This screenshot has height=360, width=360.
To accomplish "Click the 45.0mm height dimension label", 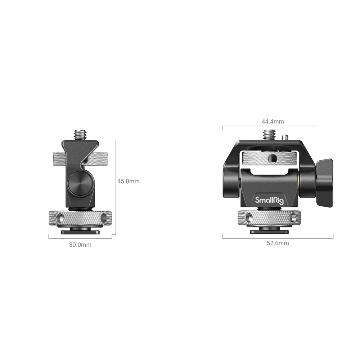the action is tap(129, 181).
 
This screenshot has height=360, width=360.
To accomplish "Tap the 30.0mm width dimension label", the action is tap(80, 245).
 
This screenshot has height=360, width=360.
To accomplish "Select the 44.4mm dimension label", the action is tap(273, 121).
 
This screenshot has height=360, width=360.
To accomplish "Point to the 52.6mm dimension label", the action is tap(278, 243).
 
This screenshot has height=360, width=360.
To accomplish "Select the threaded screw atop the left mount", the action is tap(80, 135).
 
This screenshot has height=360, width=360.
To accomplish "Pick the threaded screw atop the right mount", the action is tap(270, 135).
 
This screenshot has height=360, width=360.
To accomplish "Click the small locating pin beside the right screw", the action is tap(285, 137).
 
